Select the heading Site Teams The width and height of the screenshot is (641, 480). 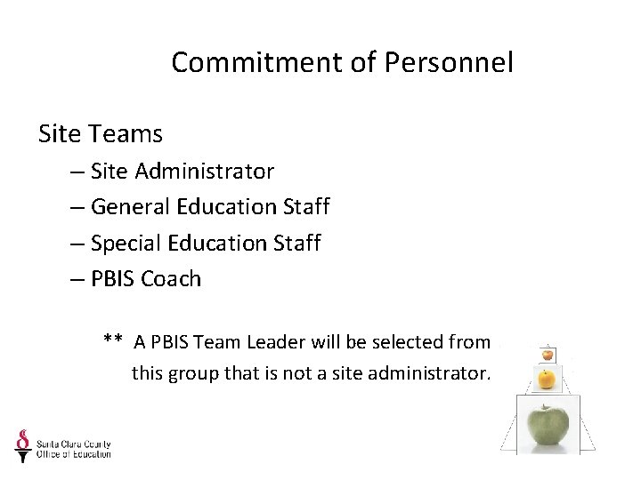click(101, 134)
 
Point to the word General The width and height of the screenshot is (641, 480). click(131, 207)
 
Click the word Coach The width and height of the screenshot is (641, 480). click(171, 279)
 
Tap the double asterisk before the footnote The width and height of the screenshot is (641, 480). click(112, 341)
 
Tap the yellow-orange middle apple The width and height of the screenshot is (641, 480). click(548, 380)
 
